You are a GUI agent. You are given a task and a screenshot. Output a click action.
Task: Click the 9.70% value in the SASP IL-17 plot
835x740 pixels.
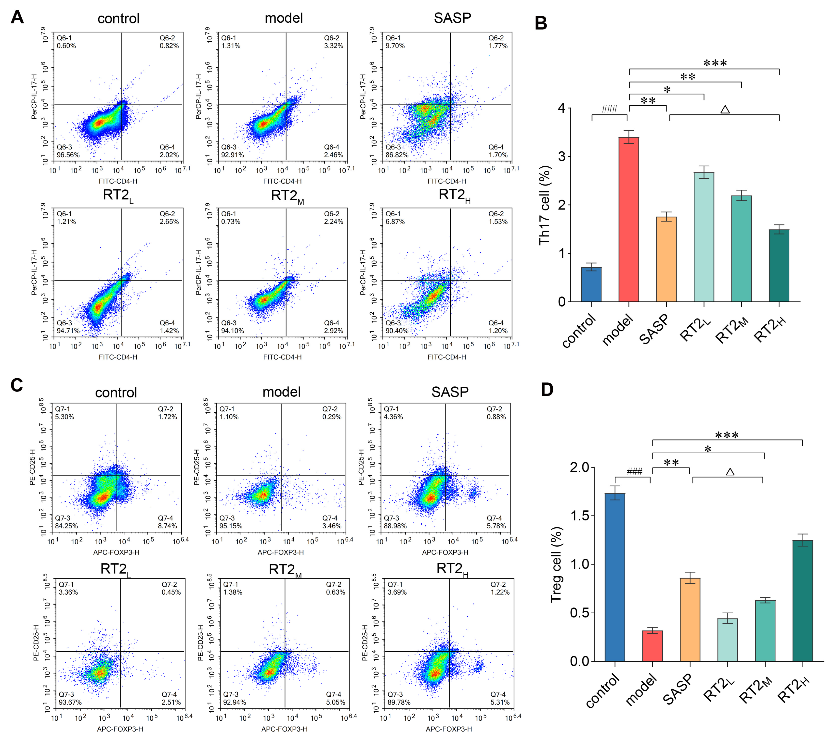tap(395, 46)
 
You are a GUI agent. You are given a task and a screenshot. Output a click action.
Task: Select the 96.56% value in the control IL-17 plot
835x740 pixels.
tap(68, 155)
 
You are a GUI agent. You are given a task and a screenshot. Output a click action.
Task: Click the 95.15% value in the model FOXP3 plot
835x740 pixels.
tap(231, 526)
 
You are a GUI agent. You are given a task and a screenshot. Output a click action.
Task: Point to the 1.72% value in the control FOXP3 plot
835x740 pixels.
tap(168, 417)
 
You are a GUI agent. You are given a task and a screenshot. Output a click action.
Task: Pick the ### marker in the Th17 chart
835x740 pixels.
tap(609, 109)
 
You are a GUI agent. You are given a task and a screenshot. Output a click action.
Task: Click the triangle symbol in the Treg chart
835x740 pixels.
tap(730, 472)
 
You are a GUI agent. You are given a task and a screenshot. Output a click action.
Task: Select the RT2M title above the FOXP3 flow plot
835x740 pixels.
tap(285, 570)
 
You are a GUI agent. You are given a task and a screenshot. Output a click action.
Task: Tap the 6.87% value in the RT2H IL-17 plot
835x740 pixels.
tap(395, 222)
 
